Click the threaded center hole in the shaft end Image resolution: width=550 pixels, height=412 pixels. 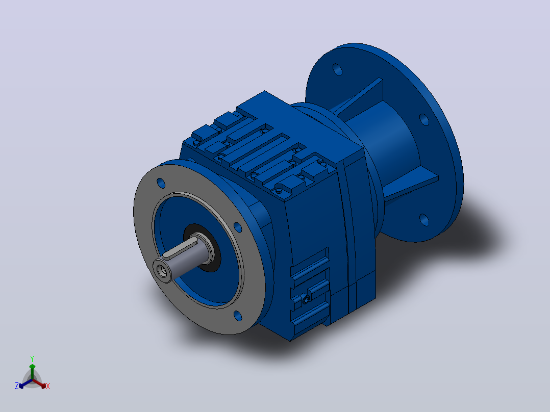click(162, 271)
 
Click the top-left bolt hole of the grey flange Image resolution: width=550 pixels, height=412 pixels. click(161, 183)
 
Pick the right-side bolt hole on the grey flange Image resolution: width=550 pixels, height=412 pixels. click(238, 227)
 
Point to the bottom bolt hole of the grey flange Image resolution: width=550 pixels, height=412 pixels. click(237, 316)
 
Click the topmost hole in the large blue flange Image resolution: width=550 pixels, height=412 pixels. click(337, 69)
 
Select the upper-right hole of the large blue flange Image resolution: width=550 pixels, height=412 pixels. click(424, 119)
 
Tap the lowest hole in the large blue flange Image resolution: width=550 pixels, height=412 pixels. click(424, 220)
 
